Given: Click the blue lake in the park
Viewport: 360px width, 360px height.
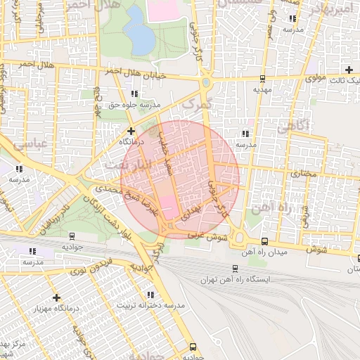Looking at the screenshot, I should point(139,32).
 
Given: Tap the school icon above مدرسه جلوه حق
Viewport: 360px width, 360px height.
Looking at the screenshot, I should point(134,94).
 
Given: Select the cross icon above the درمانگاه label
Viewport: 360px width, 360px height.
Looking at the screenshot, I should point(131,130).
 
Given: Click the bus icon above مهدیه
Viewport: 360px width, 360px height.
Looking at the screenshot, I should point(262,79).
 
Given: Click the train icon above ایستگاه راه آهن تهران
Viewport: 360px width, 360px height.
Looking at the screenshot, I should point(235,268).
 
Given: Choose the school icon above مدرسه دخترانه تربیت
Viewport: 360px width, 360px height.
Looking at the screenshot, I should point(150,295).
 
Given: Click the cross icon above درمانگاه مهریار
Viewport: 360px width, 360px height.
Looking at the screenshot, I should point(57,297).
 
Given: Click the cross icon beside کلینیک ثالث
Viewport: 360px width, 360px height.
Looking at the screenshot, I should point(349,69).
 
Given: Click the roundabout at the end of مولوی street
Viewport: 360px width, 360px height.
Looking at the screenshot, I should point(205,83).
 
